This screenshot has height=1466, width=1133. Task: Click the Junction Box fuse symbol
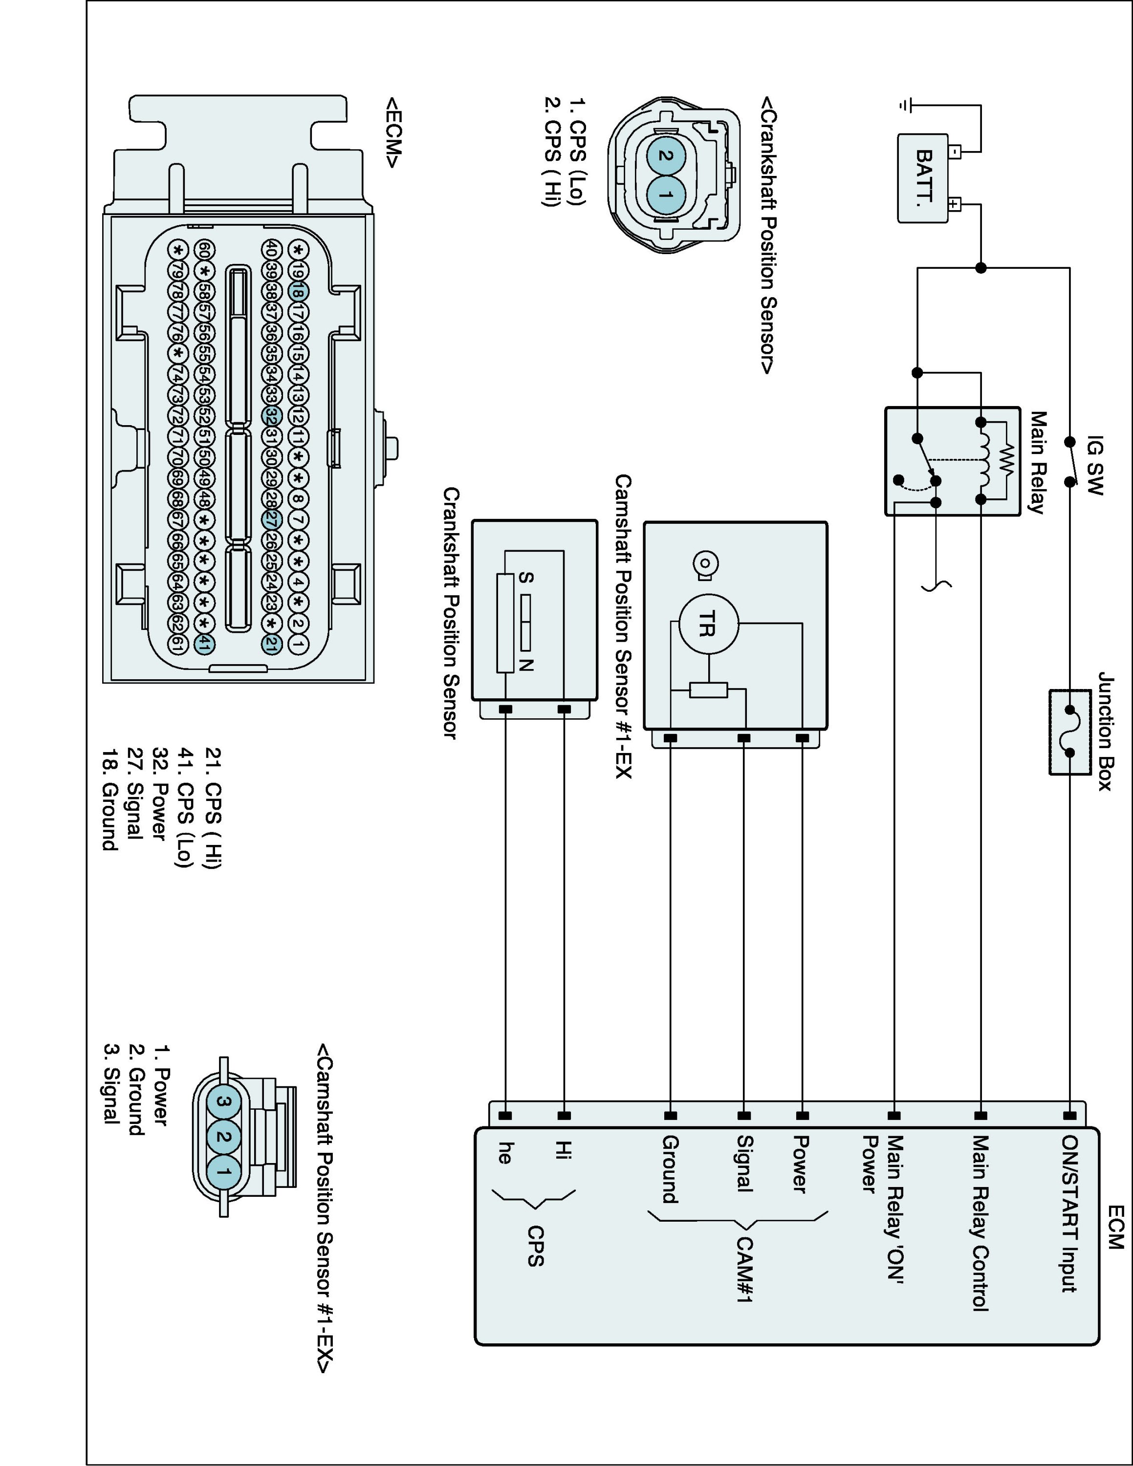coord(1069,731)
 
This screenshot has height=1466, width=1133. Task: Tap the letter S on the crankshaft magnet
coord(527,578)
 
